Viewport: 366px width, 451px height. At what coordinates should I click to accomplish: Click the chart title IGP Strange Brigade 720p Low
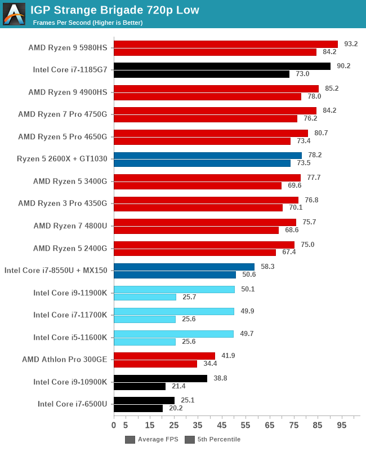[115, 10]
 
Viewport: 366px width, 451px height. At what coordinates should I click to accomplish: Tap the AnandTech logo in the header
[14, 14]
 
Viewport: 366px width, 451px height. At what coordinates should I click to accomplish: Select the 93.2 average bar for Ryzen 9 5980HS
[225, 44]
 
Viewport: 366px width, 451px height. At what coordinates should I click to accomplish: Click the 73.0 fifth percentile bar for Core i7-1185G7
[202, 74]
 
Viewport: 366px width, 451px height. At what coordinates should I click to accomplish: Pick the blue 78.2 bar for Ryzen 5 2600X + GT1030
[207, 155]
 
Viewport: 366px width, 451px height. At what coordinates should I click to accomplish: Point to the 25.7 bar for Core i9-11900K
[145, 297]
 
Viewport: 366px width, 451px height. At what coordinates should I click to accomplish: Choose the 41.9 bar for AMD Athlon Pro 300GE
[164, 356]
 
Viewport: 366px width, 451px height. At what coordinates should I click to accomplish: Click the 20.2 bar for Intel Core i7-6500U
[138, 408]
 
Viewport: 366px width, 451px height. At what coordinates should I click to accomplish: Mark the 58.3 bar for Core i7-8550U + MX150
[184, 267]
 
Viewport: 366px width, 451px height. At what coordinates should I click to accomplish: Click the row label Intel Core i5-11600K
[70, 338]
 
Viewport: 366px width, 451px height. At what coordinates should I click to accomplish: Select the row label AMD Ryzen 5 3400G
[70, 182]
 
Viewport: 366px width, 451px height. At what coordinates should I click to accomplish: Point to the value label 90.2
[343, 66]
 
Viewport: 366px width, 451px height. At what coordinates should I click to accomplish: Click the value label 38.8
[220, 378]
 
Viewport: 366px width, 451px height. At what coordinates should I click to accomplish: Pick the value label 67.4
[289, 252]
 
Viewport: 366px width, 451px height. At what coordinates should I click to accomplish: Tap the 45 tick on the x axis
[222, 425]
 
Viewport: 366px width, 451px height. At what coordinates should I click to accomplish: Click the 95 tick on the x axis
[342, 425]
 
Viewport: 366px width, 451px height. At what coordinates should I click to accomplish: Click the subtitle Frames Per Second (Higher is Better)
[87, 23]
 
